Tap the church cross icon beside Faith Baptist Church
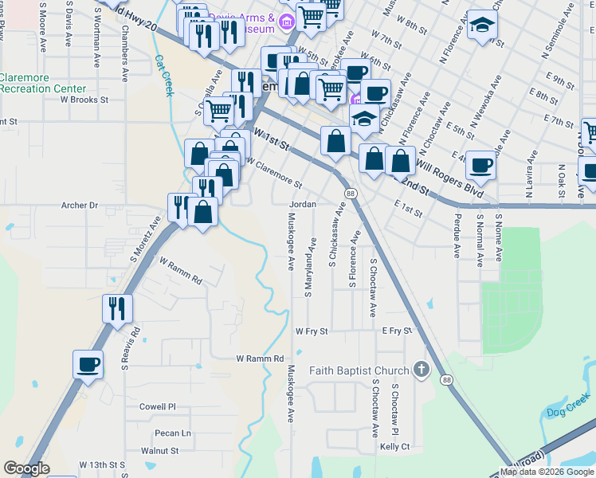pyautogui.click(x=422, y=370)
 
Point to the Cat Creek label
pyautogui.click(x=164, y=75)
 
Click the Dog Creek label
pyautogui.click(x=566, y=412)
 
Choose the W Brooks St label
pyautogui.click(x=84, y=100)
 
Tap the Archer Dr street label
pyautogui.click(x=79, y=206)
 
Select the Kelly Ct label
pyautogui.click(x=394, y=447)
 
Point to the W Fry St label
pyautogui.click(x=312, y=331)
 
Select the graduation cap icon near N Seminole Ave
pyautogui.click(x=482, y=25)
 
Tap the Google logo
pyautogui.click(x=26, y=468)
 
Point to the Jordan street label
pyautogui.click(x=303, y=204)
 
